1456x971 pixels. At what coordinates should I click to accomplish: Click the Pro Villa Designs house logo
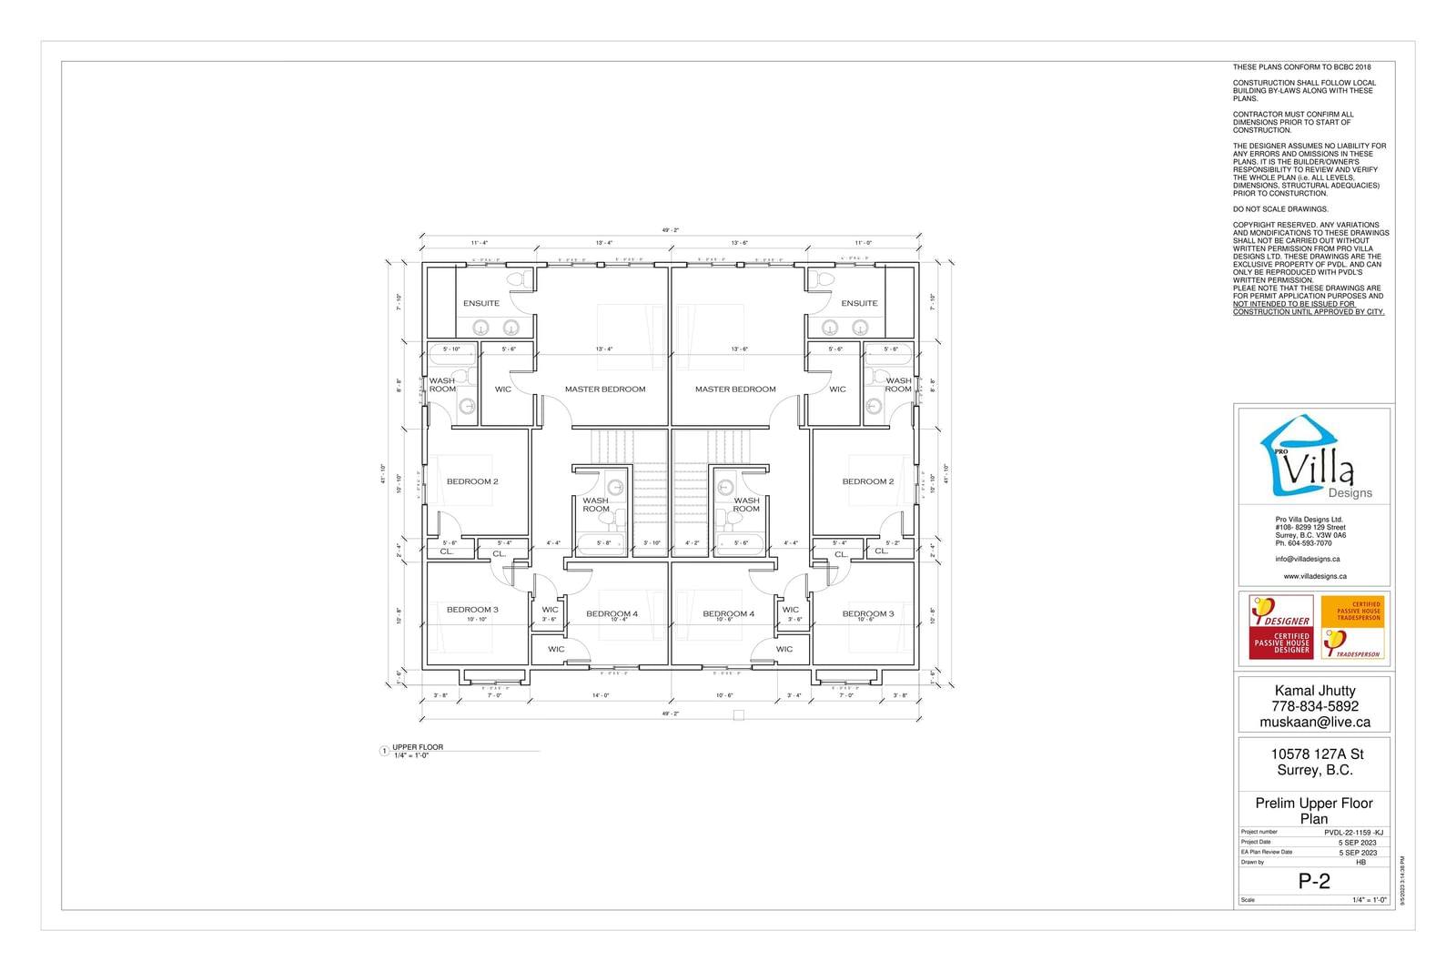1309,458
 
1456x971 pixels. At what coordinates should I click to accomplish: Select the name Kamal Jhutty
1314,691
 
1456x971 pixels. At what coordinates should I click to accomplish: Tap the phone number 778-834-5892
1314,706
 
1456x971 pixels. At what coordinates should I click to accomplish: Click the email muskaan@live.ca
1314,722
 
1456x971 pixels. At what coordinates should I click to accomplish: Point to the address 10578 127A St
1317,754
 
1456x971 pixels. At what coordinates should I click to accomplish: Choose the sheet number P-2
1313,881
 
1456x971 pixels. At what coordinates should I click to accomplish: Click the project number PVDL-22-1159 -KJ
1353,832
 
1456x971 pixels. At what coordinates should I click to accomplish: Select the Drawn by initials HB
1360,862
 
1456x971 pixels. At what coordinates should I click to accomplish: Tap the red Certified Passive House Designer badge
1280,626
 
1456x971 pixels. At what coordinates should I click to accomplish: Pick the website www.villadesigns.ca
1315,576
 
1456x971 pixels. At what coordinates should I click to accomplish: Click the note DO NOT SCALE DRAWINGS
1279,209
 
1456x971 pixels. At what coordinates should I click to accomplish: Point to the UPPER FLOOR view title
418,747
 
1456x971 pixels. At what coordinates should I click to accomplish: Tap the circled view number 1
384,752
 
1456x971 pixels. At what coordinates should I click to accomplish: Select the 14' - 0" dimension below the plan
601,695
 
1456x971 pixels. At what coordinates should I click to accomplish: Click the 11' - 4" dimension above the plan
480,243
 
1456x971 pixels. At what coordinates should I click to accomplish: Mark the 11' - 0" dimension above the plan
863,243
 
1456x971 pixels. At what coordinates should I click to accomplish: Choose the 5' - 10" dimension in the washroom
451,349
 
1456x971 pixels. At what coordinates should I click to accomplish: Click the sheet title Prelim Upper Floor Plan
1313,810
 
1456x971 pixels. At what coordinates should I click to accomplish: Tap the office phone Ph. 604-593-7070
1303,543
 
